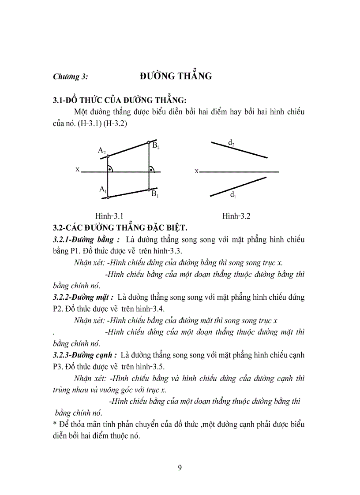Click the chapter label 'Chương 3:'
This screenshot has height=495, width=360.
[x=71, y=77]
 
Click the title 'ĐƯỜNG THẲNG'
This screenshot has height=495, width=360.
[x=176, y=76]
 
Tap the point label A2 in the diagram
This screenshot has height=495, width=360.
[x=102, y=151]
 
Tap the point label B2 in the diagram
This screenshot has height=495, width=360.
[x=156, y=146]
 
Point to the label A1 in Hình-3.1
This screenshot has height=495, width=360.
[x=103, y=189]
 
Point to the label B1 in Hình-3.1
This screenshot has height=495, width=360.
[x=155, y=194]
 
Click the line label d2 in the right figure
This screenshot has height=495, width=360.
[x=231, y=142]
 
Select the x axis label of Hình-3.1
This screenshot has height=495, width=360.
[x=77, y=169]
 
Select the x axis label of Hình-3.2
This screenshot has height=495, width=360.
[x=196, y=171]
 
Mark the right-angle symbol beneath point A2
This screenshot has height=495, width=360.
[x=110, y=168]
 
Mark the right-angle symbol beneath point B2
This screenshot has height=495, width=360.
[x=152, y=168]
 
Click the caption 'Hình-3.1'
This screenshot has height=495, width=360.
[x=109, y=216]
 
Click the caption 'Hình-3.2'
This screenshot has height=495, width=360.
[x=236, y=216]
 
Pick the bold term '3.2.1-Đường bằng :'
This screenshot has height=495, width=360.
[x=86, y=240]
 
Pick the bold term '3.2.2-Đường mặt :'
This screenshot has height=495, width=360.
[x=83, y=298]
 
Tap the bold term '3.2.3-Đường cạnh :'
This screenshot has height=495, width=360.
[x=85, y=355]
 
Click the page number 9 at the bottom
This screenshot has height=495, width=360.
[x=180, y=468]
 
